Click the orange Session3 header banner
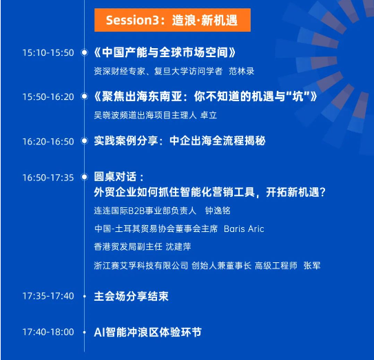[172, 20]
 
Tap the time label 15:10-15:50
[48, 53]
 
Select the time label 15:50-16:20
[48, 97]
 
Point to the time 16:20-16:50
[48, 142]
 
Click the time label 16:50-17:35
[48, 178]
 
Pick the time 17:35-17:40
[48, 296]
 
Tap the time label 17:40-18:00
[48, 332]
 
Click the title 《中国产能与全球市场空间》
[165, 52]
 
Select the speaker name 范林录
[242, 72]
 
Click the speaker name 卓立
[209, 115]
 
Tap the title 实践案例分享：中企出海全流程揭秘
[180, 140]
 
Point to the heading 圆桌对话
[115, 177]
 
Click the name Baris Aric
[244, 229]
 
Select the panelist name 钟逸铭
[218, 211]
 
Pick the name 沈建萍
[178, 246]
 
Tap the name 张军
[312, 266]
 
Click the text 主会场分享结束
[131, 297]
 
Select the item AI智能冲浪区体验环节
[148, 332]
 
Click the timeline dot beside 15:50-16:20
[84, 96]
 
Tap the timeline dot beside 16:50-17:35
[84, 177]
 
